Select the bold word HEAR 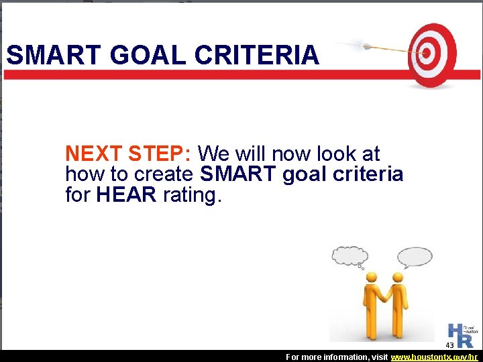pyautogui.click(x=126, y=195)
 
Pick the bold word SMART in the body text pyautogui.click(x=239, y=174)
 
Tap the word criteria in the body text pyautogui.click(x=368, y=174)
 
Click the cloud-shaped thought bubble pyautogui.click(x=350, y=256)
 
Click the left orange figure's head pyautogui.click(x=370, y=277)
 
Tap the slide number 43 pyautogui.click(x=449, y=345)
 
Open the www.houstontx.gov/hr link pyautogui.click(x=435, y=357)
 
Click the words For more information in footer pyautogui.click(x=321, y=357)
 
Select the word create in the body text pyautogui.click(x=164, y=174)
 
